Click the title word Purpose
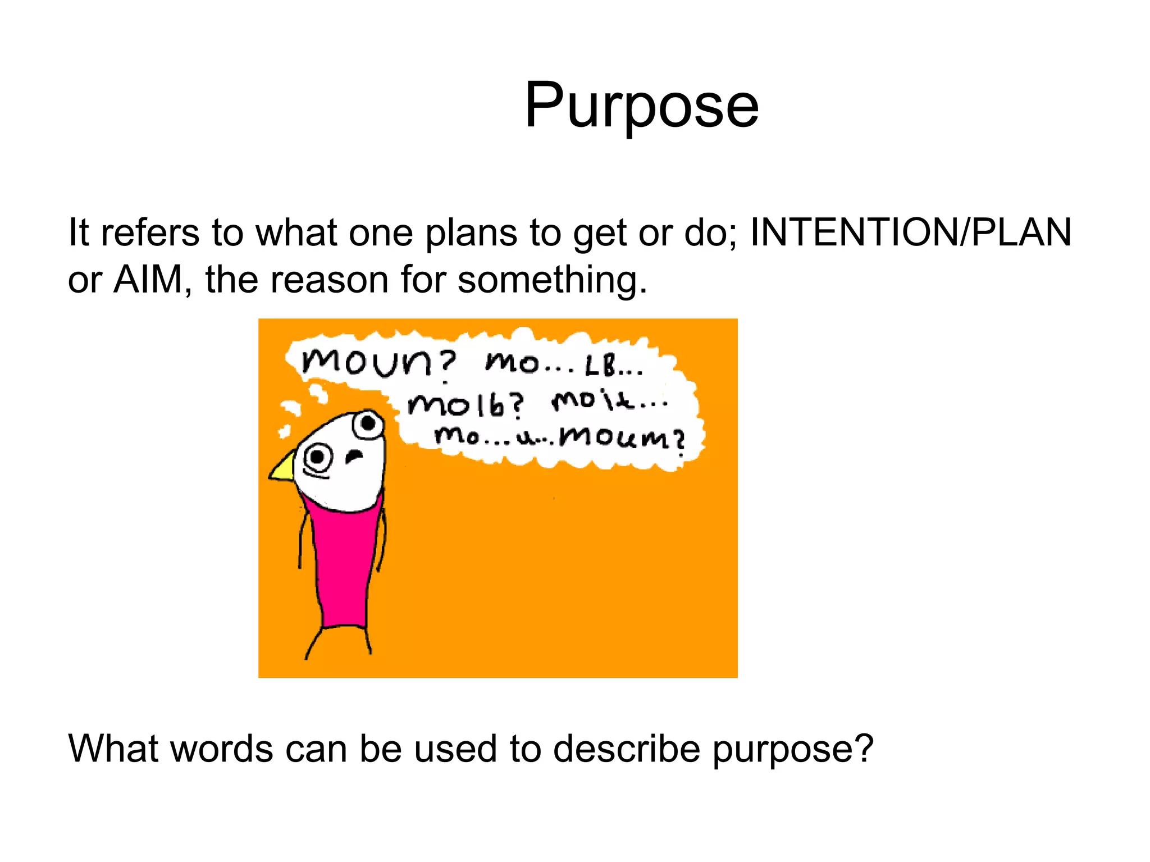pos(641,106)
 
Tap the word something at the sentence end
pos(552,280)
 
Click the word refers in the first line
pos(150,232)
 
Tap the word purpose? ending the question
pos(793,750)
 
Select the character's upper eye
pos(368,423)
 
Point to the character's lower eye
pos(318,457)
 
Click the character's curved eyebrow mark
pos(354,456)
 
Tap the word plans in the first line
pos(471,233)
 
